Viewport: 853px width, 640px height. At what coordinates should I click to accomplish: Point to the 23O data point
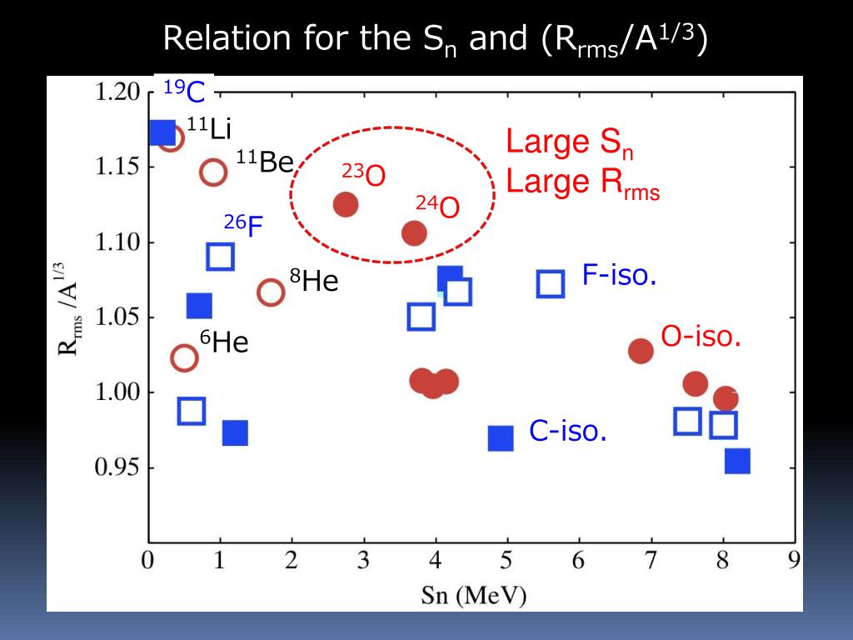pos(346,204)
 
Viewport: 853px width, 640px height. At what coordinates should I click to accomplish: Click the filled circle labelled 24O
pos(414,233)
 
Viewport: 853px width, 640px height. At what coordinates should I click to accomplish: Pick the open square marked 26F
pos(220,257)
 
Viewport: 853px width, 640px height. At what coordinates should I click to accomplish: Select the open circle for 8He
pos(271,292)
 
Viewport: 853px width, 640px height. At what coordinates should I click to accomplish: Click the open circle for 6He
pos(184,358)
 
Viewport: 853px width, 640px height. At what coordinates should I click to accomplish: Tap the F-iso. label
pos(619,276)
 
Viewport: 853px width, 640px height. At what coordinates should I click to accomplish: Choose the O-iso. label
pos(701,337)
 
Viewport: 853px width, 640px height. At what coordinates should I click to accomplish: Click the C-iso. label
pos(567,432)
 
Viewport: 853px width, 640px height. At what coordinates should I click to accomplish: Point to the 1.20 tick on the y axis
pos(117,92)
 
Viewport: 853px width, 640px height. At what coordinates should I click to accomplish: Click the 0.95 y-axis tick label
pos(117,467)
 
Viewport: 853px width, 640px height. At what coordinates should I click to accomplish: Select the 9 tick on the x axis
pos(794,560)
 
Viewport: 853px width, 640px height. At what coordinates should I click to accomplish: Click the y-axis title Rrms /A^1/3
pos(70,308)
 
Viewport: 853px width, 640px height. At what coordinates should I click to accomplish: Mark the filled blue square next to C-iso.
pos(501,437)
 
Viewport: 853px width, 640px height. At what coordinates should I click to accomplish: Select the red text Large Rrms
pos(582,182)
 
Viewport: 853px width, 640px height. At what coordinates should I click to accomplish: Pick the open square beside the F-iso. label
pos(551,284)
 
